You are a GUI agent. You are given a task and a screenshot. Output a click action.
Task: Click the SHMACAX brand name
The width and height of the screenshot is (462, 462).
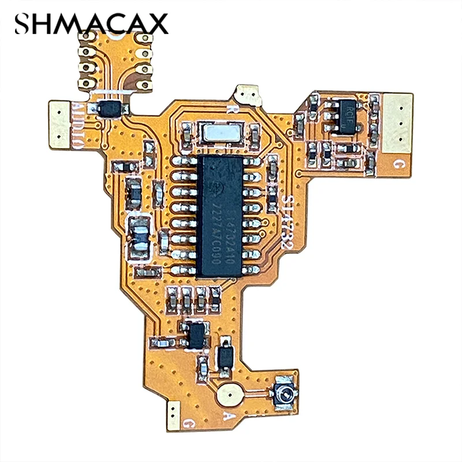pos(91,24)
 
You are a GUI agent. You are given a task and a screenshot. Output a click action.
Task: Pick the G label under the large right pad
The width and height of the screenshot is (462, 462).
pos(397,163)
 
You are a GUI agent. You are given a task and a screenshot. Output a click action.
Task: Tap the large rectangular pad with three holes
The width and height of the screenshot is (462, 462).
pos(397,122)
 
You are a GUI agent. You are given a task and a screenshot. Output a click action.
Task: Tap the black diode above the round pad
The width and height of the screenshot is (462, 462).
pos(225,357)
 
